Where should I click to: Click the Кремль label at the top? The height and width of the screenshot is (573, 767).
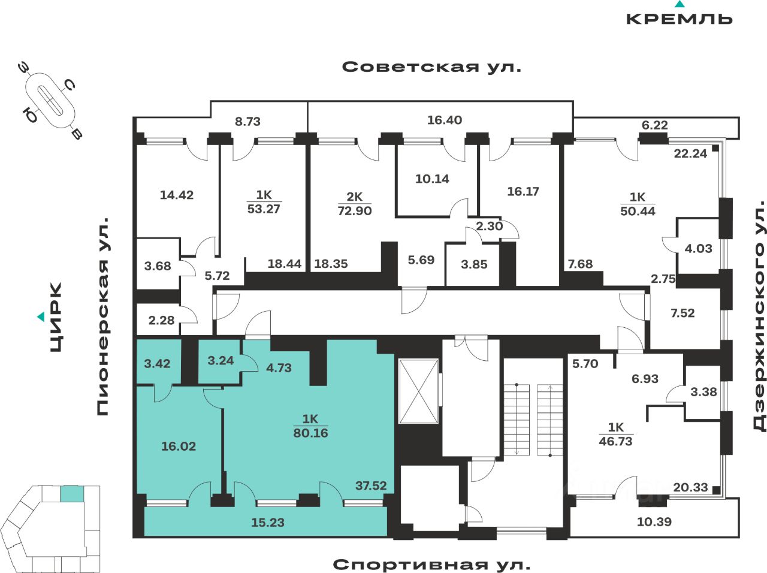679,18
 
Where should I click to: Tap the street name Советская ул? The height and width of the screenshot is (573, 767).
431,67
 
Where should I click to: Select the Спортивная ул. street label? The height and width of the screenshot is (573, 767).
431,565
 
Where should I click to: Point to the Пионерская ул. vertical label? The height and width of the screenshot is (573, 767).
103,316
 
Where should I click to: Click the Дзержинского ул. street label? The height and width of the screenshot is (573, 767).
759,316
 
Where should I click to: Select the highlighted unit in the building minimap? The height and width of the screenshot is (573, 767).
71,494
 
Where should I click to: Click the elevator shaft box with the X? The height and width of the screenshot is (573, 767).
418,391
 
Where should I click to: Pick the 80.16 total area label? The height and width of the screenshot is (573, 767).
310,433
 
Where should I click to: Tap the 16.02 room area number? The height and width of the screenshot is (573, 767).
179,446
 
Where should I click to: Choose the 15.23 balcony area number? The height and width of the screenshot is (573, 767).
267,523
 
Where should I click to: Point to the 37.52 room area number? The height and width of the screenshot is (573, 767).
371,485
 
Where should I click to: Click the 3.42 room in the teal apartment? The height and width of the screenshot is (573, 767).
157,363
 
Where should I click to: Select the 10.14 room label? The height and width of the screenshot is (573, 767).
432,179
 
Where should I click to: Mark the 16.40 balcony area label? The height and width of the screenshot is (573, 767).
444,120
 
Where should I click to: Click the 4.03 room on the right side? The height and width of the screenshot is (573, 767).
698,248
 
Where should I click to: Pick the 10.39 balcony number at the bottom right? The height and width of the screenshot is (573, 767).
654,522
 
